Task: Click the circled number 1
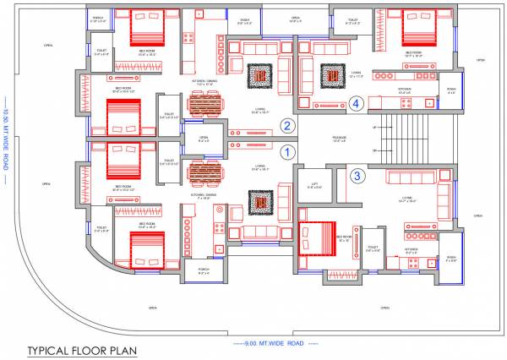click(286, 153)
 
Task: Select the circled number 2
click(286, 126)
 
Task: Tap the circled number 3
click(357, 176)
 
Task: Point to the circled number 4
click(357, 104)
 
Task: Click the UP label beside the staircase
click(374, 127)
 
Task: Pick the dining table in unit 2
click(203, 106)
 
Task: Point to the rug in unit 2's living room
click(259, 77)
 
